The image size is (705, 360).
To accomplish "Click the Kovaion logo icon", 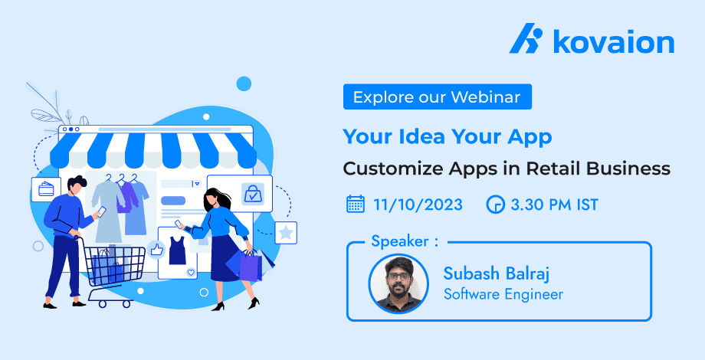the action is (526, 38).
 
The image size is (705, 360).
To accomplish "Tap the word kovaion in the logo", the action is (614, 41).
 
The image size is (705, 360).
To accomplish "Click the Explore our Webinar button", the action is (438, 97).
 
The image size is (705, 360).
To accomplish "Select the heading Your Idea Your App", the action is (448, 136).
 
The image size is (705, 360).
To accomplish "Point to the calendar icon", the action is (356, 204).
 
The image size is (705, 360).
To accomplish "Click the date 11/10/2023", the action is (418, 205).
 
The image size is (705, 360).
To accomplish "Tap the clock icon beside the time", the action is (496, 205).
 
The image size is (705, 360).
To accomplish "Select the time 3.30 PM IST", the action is (554, 205).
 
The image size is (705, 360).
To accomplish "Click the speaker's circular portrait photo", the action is (398, 283).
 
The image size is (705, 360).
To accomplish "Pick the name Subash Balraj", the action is (497, 273).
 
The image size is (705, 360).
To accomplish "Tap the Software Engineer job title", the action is (503, 294).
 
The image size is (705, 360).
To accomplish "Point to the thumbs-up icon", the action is (156, 249).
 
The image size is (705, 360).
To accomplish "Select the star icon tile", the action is (286, 233).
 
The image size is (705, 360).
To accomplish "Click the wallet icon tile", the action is (46, 189).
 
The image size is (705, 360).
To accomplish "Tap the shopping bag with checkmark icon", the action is (252, 194).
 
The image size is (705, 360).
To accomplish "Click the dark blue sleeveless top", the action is (178, 250).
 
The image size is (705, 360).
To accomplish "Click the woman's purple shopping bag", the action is (250, 266).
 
